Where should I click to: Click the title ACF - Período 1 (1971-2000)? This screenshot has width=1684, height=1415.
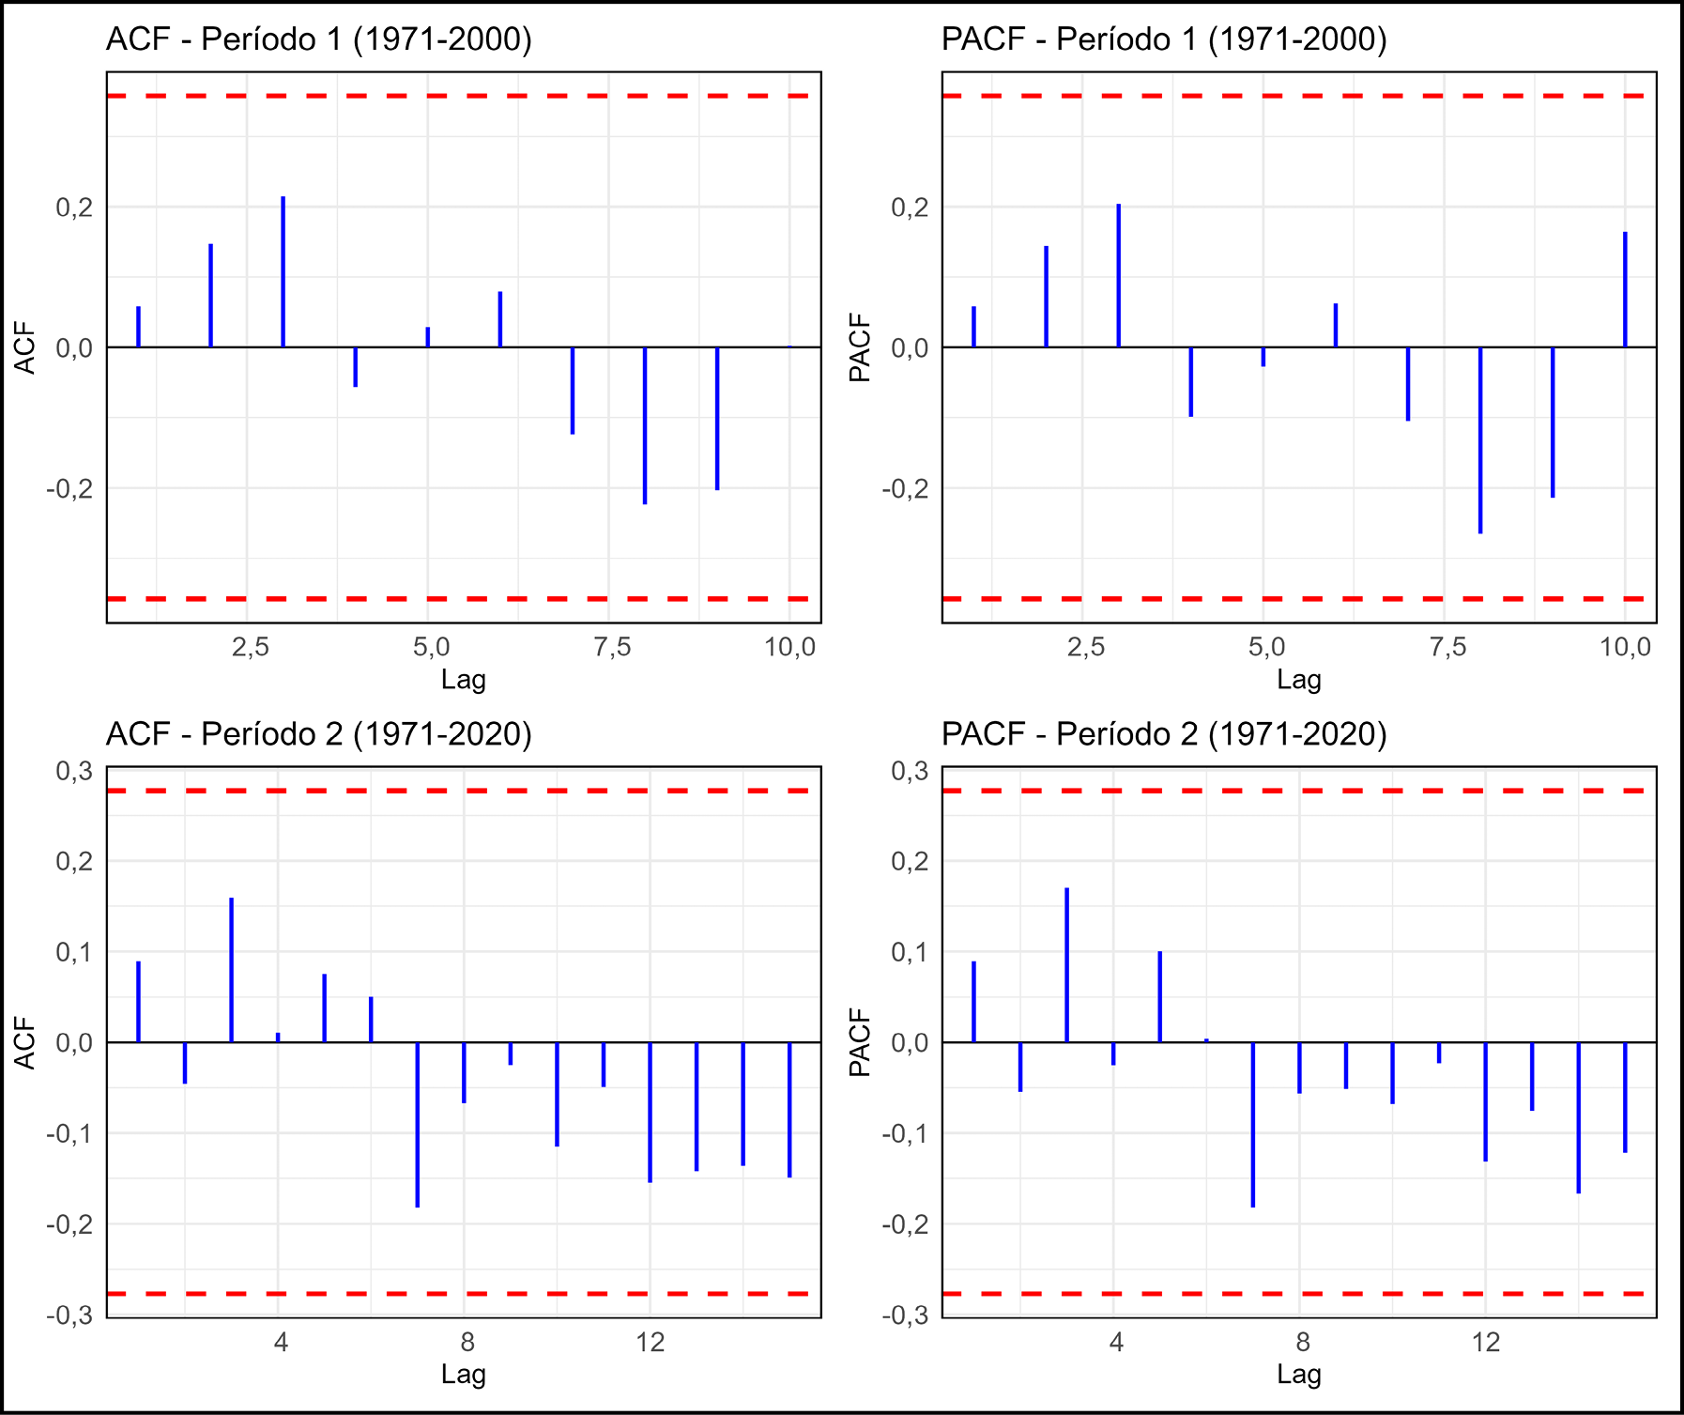[x=319, y=39]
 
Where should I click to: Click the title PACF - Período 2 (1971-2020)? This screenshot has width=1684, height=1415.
[x=1164, y=733]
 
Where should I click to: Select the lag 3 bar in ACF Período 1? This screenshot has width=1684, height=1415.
[x=283, y=272]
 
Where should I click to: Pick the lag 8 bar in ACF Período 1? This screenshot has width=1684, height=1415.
[x=645, y=425]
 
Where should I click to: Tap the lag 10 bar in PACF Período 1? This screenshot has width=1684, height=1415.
[x=1625, y=289]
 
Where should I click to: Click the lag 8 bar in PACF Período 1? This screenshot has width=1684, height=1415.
[x=1480, y=439]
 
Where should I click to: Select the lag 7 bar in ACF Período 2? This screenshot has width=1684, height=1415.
[x=418, y=1124]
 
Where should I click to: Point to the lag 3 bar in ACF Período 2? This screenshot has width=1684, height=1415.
[x=232, y=970]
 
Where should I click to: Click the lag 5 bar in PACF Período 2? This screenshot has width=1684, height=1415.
[x=1160, y=996]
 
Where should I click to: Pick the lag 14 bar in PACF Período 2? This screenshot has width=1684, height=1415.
[x=1579, y=1117]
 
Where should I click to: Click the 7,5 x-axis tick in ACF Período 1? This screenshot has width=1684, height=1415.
[x=612, y=647]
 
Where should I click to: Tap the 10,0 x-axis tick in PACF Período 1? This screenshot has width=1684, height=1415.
[x=1625, y=647]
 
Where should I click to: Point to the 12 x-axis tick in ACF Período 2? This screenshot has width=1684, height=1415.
[x=650, y=1342]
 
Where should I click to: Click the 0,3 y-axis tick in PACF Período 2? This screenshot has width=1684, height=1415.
[x=909, y=772]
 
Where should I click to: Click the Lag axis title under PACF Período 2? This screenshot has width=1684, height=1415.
[x=1298, y=1375]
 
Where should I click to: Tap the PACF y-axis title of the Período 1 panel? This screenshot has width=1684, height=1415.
[x=860, y=347]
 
